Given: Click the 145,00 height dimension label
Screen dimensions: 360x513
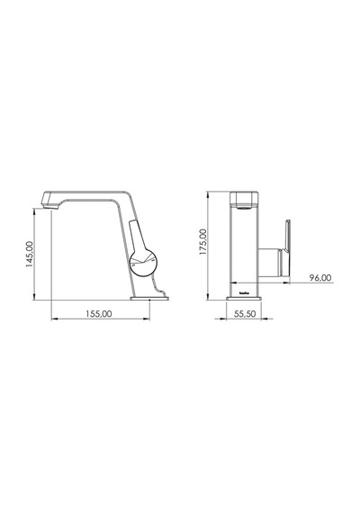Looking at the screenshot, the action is [x=30, y=254].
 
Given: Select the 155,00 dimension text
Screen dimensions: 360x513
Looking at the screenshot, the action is [x=99, y=314].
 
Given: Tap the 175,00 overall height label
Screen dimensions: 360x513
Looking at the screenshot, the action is [x=203, y=242].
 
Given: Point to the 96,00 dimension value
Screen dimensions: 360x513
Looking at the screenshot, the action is [x=320, y=278].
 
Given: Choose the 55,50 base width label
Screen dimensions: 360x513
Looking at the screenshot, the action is [x=245, y=314].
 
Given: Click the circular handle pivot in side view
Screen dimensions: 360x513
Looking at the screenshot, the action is [x=144, y=263].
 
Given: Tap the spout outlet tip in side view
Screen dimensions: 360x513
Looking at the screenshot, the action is [x=50, y=206].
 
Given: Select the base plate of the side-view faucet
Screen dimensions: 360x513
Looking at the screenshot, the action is [x=149, y=298].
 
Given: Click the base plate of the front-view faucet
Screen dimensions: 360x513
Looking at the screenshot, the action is [x=244, y=298].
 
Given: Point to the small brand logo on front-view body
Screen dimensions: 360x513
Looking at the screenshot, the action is [x=245, y=293].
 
